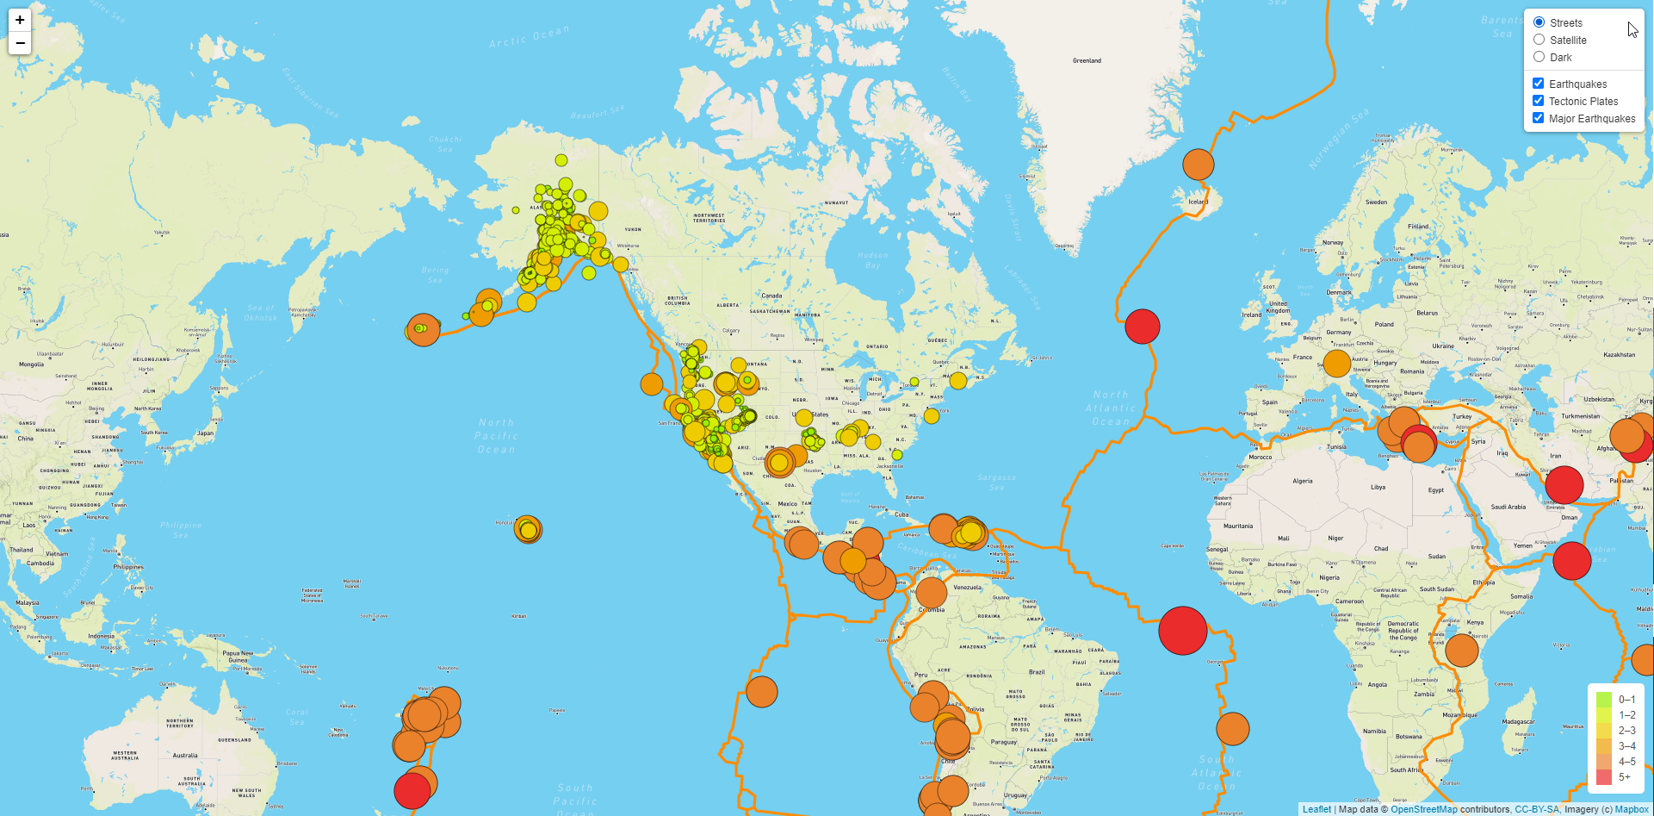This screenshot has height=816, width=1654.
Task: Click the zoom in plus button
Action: [x=20, y=20]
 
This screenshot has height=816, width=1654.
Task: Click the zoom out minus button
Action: [x=20, y=43]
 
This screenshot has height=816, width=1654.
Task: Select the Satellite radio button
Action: [x=1539, y=40]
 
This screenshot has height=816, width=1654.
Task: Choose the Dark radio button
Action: [x=1539, y=57]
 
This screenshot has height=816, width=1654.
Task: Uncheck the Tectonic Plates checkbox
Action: [x=1538, y=101]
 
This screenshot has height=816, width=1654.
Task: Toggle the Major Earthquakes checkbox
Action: [x=1538, y=118]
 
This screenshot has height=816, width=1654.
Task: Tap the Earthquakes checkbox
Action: [x=1538, y=84]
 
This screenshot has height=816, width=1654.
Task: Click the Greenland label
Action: [x=1087, y=61]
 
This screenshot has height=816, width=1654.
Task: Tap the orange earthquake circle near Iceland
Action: [x=1198, y=164]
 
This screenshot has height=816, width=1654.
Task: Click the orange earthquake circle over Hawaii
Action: [x=528, y=529]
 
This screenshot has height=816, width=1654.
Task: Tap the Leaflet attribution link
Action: [x=1316, y=809]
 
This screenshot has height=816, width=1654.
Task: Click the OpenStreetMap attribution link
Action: [x=1423, y=809]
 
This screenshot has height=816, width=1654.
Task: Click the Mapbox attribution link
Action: [x=1632, y=809]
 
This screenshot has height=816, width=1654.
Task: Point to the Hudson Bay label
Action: [x=872, y=260]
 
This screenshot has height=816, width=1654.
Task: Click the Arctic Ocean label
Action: [x=529, y=36]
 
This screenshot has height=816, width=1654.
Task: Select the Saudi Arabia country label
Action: [x=1508, y=507]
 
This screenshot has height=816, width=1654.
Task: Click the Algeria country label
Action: [x=1302, y=481]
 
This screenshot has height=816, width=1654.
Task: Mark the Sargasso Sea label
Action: [x=997, y=483]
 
